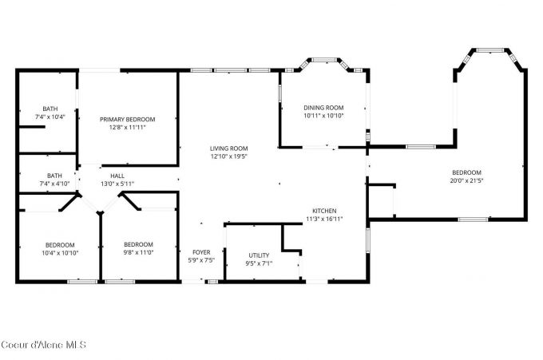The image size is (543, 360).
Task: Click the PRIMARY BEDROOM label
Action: [128, 119]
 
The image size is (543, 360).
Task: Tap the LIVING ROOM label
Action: [228, 148]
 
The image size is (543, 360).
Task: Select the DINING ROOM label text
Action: [323, 108]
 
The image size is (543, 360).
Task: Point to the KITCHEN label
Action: [323, 211]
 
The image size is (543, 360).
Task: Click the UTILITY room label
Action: [258, 255]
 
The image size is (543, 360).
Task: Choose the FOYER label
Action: [200, 252]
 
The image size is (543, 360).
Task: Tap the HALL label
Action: [117, 176]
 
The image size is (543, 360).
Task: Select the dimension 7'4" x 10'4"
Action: [50, 117]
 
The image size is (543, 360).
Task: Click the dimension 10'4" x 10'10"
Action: [60, 253]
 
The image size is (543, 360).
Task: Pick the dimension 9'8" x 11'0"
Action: [138, 253]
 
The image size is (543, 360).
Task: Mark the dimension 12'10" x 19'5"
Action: [228, 156]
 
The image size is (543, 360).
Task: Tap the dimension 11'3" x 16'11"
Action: [323, 219]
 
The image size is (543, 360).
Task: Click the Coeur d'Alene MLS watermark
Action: [43, 345]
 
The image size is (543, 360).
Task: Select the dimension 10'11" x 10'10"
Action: [323, 116]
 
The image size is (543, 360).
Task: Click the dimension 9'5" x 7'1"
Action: [258, 263]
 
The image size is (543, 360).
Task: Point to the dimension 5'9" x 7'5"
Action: [200, 260]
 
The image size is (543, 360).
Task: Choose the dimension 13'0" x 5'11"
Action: [117, 184]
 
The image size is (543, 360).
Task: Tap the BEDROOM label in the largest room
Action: [467, 172]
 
